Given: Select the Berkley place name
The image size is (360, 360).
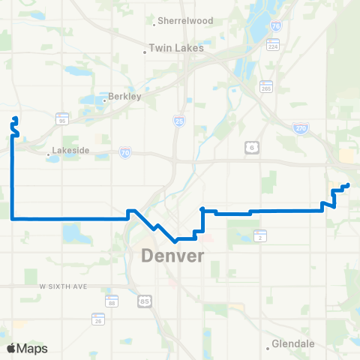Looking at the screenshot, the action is click(124, 97).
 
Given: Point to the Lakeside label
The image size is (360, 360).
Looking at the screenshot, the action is click(72, 150).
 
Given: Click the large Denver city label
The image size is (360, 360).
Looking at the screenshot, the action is click(172, 256).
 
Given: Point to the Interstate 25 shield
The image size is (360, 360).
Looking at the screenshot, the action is click(178, 121).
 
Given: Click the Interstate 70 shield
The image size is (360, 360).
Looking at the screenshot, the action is click(125, 151).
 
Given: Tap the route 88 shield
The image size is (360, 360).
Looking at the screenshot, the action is click(112, 301).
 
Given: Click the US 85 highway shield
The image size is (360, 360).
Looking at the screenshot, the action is click(144, 301).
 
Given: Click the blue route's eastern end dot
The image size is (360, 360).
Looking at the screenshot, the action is click(347, 185).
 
